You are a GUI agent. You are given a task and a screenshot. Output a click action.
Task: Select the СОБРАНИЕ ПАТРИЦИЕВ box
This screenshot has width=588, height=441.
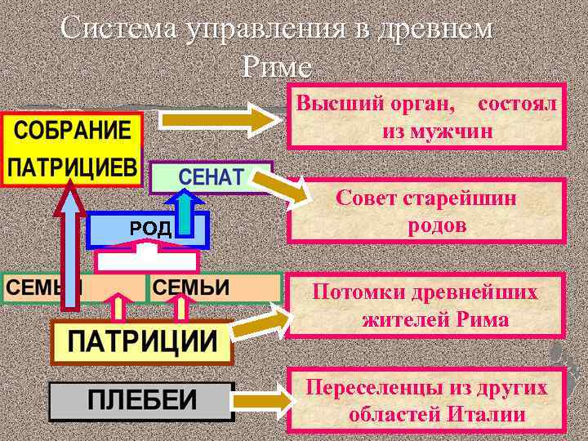coord(73,150)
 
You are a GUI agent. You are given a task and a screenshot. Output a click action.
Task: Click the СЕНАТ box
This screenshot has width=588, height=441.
coord(211,177)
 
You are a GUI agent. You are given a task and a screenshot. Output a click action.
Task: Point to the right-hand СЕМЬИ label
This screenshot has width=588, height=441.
coord(191,288)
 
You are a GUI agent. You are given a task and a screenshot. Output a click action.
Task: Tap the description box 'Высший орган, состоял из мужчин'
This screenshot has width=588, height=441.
coord(425,117)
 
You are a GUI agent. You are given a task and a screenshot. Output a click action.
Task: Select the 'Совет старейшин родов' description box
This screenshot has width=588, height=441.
coord(425,211)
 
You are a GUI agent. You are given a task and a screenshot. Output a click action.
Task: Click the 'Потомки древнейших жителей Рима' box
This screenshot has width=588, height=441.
coord(425,305)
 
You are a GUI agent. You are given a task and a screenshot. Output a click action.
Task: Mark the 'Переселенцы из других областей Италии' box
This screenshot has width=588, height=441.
coord(425,399)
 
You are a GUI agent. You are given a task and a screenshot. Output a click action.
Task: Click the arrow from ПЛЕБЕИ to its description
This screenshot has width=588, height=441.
coord(262,400)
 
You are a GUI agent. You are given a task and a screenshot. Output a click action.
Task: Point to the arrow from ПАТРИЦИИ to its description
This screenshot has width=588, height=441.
coord(261,322)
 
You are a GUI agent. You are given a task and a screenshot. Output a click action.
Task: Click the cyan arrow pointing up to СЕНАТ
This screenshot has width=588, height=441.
coord(187,217)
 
